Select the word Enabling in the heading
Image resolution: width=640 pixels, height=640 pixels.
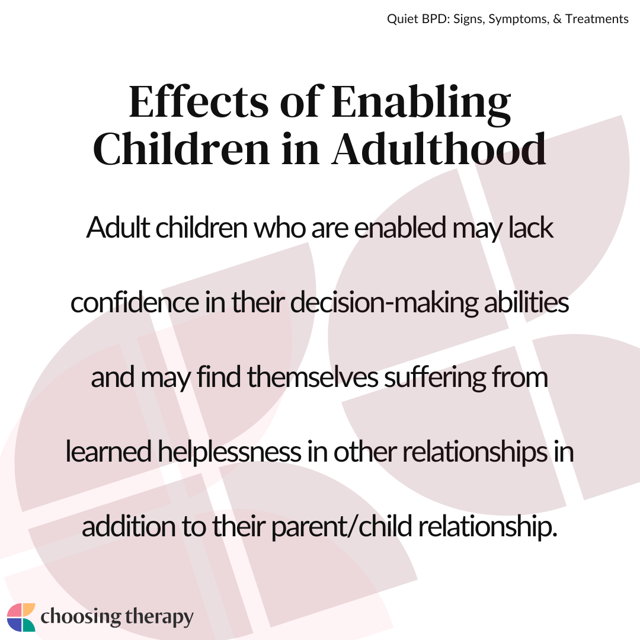[421, 104]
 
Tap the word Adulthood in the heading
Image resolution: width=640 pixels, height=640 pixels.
[439, 148]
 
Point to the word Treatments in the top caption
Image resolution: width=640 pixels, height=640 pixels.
[597, 19]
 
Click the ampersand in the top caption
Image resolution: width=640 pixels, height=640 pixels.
[556, 19]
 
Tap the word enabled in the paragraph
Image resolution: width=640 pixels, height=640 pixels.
[400, 228]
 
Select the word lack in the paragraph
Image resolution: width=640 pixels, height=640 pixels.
[530, 228]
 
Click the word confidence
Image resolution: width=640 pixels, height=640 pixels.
[135, 302]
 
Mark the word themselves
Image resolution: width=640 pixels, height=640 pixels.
[313, 377]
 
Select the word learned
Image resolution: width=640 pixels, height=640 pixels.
[109, 452]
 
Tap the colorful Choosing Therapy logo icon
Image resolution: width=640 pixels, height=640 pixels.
[21, 617]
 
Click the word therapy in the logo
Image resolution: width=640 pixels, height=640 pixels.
[159, 617]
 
